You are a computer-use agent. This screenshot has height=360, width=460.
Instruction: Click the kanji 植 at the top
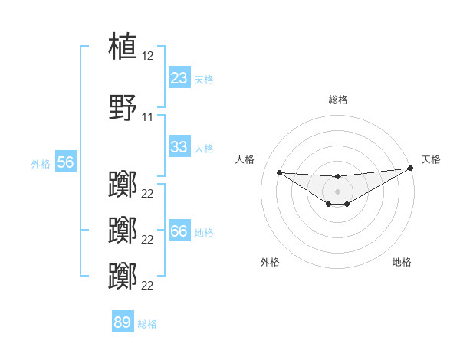123,46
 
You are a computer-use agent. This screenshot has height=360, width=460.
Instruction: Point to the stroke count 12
147,56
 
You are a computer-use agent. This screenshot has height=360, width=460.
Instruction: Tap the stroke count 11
147,117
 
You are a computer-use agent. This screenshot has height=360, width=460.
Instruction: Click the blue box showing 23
179,78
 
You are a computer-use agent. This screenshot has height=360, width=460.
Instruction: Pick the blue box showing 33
179,147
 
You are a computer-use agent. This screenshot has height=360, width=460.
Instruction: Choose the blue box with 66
179,231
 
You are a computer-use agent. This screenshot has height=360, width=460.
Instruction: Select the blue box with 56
65,162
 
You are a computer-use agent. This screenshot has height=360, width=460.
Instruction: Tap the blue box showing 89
123,322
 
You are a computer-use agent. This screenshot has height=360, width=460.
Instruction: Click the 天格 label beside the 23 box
204,79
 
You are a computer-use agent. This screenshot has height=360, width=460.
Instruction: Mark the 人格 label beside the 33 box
204,148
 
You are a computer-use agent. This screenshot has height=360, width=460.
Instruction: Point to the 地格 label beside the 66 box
204,232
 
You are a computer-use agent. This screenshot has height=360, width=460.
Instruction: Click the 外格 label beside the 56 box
41,163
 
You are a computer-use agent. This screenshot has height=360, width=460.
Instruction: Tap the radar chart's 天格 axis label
431,159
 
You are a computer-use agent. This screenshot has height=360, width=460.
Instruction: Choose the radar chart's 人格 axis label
245,159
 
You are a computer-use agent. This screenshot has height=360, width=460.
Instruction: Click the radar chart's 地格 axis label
402,262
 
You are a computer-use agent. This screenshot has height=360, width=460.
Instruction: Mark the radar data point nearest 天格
411,169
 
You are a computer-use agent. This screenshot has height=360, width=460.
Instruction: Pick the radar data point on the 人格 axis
279,172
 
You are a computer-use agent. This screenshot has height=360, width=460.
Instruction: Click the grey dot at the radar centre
337,191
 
